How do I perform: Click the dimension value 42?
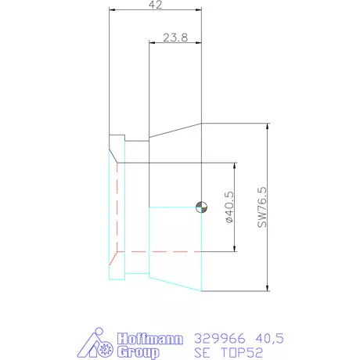pyautogui.click(x=156, y=5)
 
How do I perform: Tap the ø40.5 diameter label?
pyautogui.click(x=229, y=207)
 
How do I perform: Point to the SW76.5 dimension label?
pyautogui.click(x=262, y=207)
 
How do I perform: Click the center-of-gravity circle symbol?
pyautogui.click(x=201, y=207)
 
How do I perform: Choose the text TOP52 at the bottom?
pyautogui.click(x=241, y=352)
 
